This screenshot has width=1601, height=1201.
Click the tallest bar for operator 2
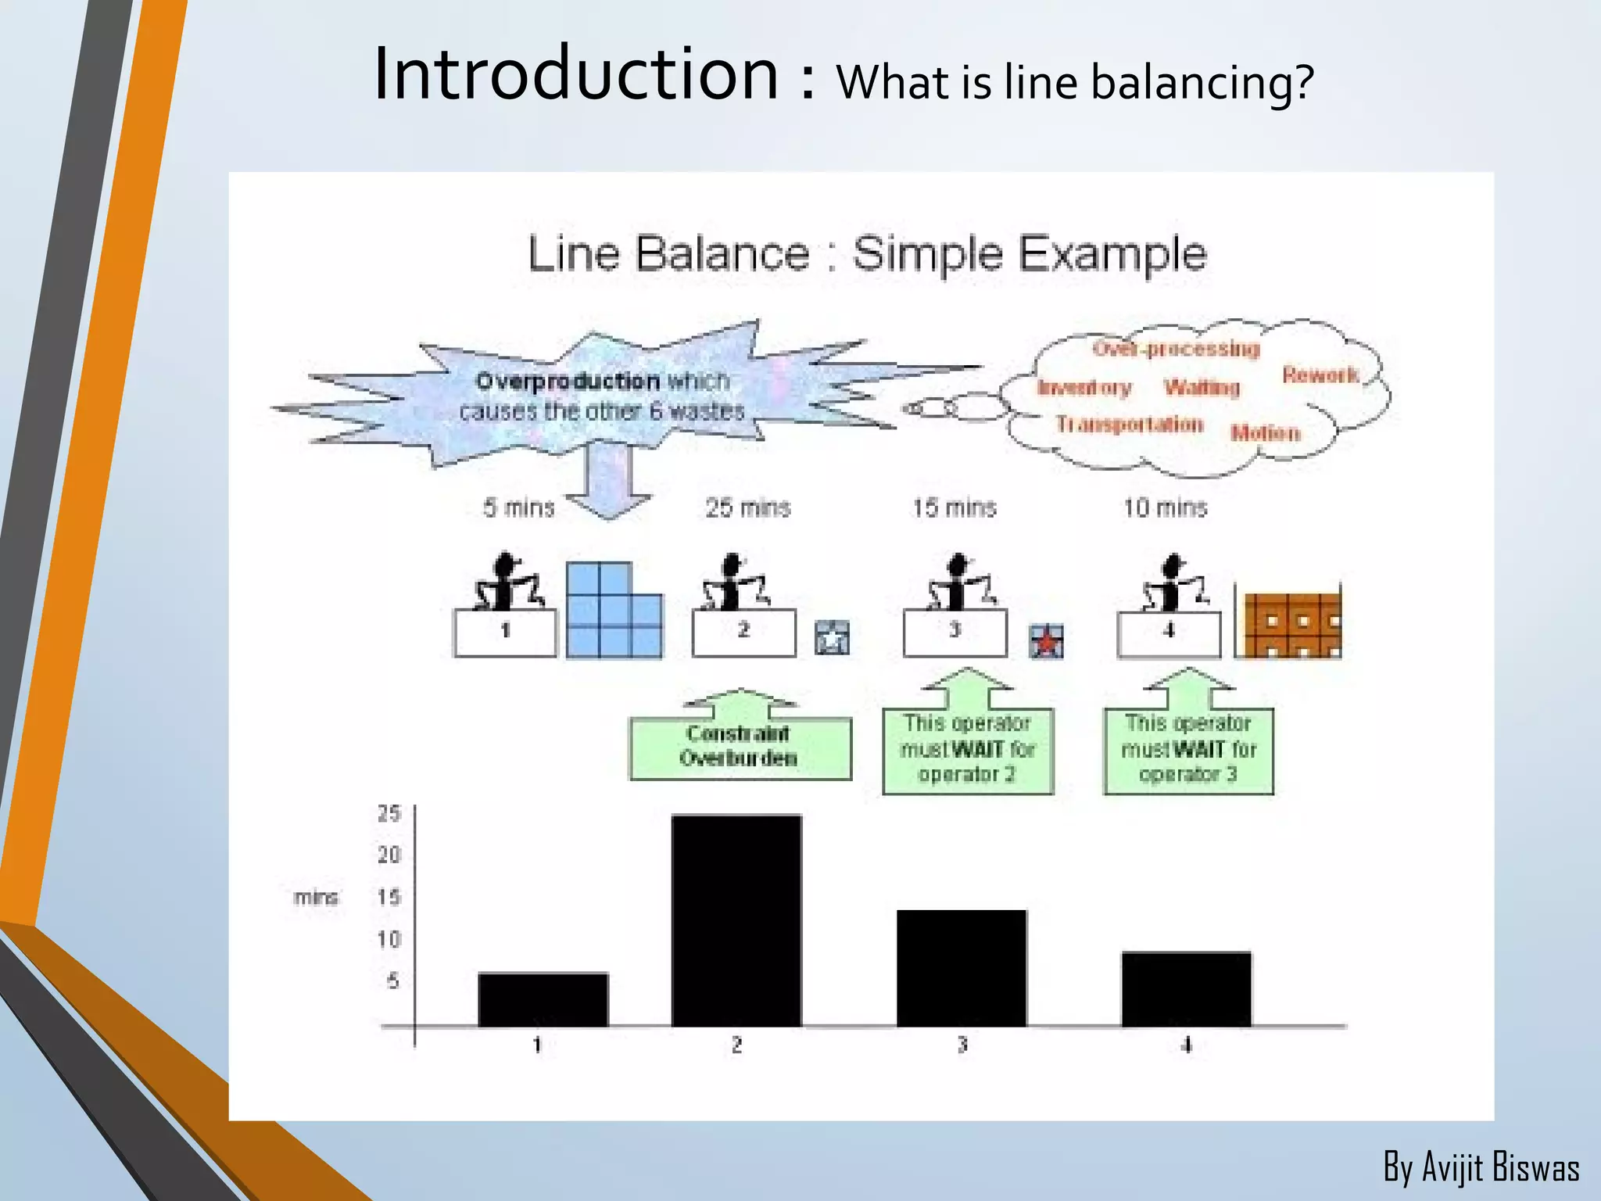(736, 920)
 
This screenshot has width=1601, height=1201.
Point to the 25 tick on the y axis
(389, 814)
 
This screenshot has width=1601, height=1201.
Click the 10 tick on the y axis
(389, 939)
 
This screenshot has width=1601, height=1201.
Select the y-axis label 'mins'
(317, 898)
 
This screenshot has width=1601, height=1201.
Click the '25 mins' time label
(748, 508)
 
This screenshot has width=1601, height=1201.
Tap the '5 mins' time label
(519, 508)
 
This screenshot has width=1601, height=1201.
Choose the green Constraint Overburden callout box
(740, 747)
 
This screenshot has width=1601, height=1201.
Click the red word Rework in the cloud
(1320, 375)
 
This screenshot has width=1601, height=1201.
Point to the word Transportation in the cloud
(1130, 425)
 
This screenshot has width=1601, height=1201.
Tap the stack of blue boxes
(613, 611)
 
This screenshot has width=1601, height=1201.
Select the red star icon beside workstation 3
(1046, 642)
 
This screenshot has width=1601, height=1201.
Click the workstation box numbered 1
(505, 632)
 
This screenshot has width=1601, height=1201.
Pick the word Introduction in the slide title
(576, 74)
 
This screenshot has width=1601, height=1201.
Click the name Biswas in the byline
(1535, 1168)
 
